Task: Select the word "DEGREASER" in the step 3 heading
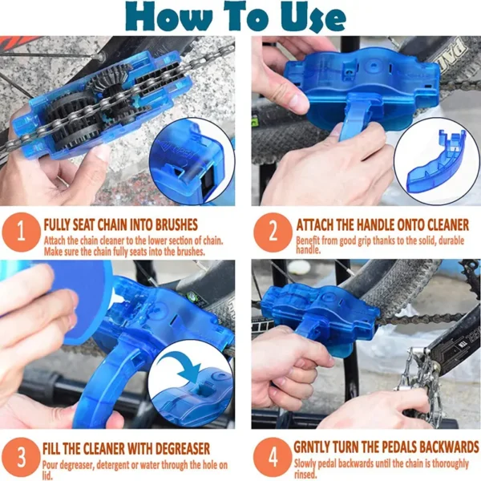point(180,449)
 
